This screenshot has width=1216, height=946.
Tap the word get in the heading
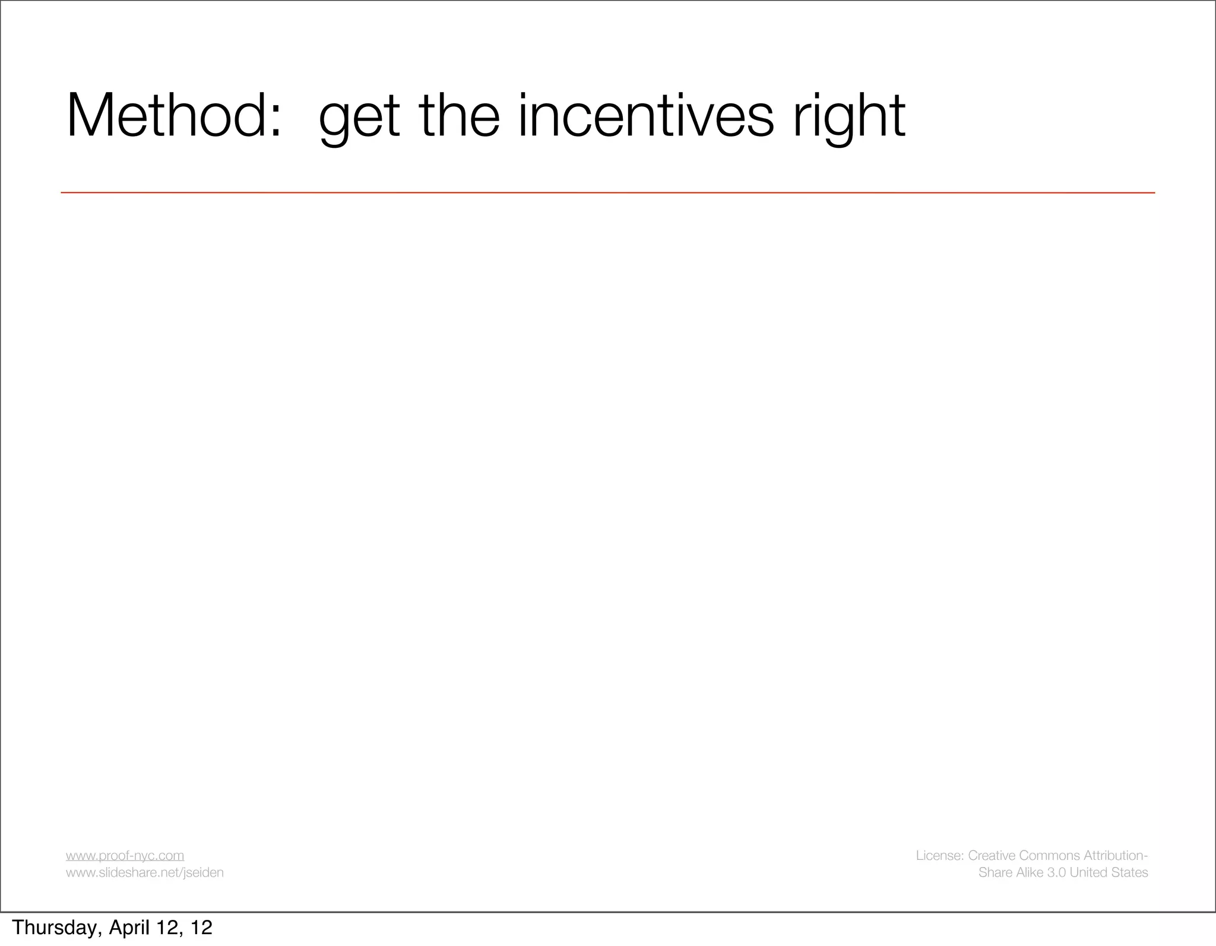coord(359,119)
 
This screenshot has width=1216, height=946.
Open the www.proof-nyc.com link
coord(125,856)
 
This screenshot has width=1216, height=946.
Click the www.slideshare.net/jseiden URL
coord(144,872)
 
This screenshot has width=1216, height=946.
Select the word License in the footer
coord(939,856)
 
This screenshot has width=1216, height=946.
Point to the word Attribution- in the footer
coord(1116,856)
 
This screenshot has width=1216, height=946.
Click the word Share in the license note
coord(993,872)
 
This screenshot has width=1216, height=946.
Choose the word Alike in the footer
coord(1027,872)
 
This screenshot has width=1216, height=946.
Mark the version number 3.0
coord(1056,872)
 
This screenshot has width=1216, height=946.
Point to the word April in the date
coord(128,928)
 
